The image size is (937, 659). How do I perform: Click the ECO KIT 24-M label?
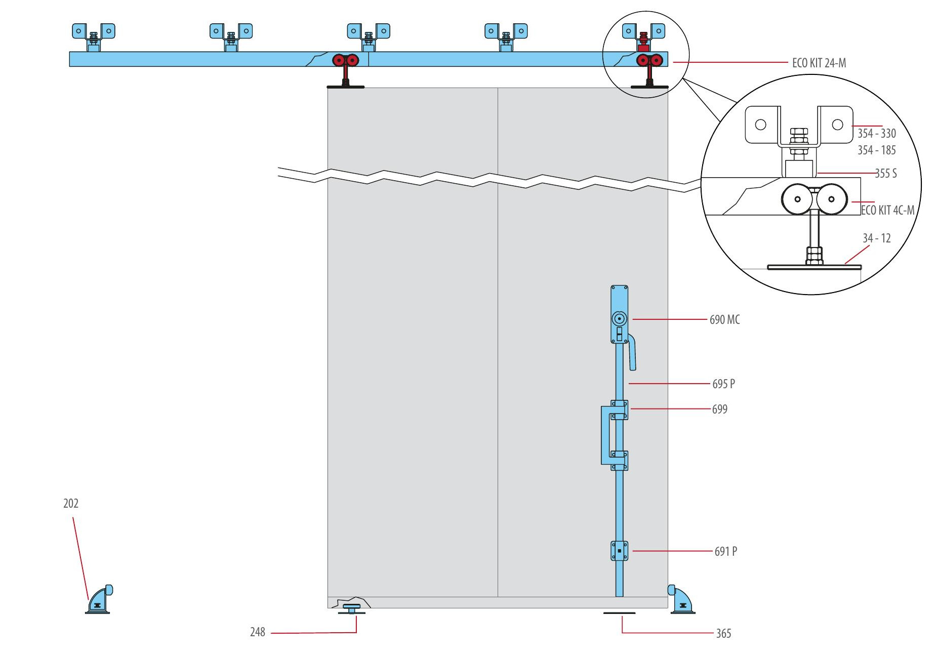point(819,63)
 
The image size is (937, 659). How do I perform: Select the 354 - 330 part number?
point(876,134)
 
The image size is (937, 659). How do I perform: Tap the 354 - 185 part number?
point(876,150)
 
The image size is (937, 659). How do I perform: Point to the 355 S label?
point(885,174)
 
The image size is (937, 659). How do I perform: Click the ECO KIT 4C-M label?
point(887,210)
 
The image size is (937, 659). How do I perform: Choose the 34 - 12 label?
point(876,238)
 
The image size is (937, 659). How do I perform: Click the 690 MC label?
point(724,320)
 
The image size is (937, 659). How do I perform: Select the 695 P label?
point(723,384)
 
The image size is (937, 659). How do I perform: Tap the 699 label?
point(719,409)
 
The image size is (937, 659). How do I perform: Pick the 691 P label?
point(725,552)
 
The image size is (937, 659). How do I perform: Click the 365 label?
point(723,634)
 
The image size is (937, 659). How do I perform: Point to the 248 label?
point(257,632)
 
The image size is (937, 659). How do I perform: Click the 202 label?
point(71,504)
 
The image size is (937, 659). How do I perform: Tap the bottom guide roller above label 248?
point(351,608)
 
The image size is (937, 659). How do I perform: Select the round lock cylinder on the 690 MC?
point(619,319)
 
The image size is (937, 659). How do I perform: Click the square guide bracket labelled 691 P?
point(619,551)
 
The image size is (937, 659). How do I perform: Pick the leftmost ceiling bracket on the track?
point(94,35)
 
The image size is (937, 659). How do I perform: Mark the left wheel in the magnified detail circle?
point(797,199)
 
